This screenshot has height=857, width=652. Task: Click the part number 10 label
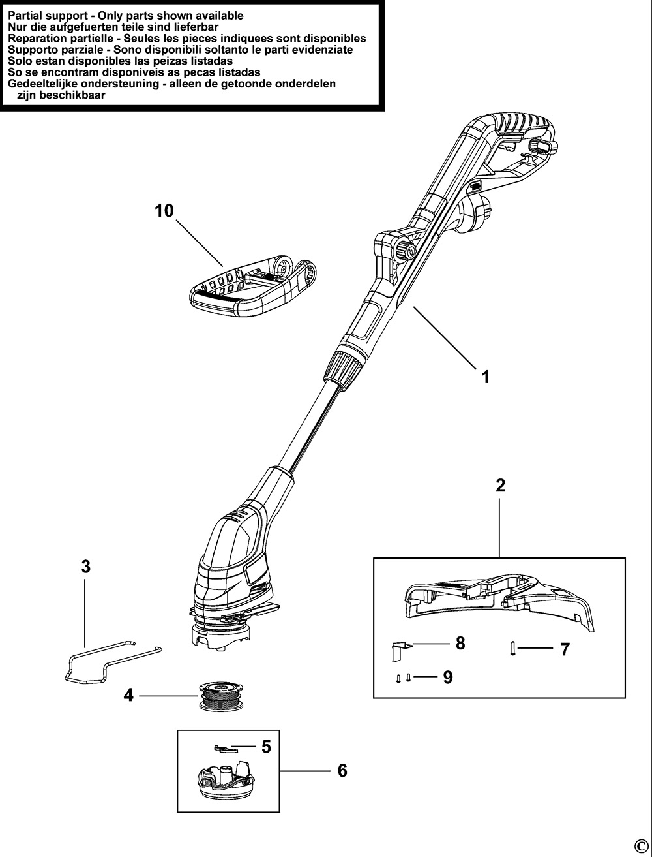(164, 211)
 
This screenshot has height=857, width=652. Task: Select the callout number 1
(484, 377)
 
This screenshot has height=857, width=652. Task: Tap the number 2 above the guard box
(500, 486)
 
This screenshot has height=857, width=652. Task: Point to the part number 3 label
(85, 567)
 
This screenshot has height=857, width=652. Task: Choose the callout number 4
(128, 696)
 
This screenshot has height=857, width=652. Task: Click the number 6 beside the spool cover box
(342, 771)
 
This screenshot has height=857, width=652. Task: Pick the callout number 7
(565, 649)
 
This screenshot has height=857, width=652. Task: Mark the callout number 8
(460, 644)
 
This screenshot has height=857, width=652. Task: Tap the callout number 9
(447, 678)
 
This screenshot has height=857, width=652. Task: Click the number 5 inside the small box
(266, 747)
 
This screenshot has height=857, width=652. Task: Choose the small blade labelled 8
(402, 649)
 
